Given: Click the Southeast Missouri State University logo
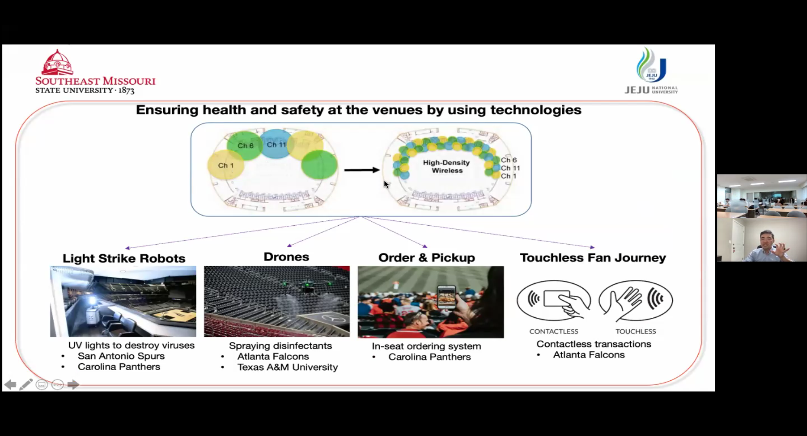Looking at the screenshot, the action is pos(95,72).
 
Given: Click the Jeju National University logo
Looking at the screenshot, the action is pos(651,71).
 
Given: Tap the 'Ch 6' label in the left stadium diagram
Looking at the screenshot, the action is pos(245,146).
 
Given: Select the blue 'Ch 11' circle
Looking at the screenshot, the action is pos(277,144).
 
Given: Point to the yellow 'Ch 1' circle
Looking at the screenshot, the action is pos(225,165).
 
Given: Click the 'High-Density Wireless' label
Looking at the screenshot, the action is pos(446,166).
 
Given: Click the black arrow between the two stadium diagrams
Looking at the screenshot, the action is pos(362,170).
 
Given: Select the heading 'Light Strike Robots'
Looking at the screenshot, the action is pos(124,258).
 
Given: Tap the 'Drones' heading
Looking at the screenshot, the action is pos(286,257).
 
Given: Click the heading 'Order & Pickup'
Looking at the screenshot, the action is pos(427,258).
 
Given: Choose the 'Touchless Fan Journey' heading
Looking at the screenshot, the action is pos(593,258).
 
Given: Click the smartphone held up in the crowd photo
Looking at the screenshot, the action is pos(446,297).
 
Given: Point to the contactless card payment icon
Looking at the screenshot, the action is pos(554,300).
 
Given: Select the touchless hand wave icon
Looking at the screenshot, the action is pos(636,300).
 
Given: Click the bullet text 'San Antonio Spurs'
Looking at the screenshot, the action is pos(121,356).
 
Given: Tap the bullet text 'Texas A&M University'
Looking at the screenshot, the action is pos(288,367).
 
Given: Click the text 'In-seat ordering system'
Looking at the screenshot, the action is pos(427,346).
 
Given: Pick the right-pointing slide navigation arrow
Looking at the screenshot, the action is pos(73,384).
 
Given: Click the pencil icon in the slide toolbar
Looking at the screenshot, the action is pos(26,384).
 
